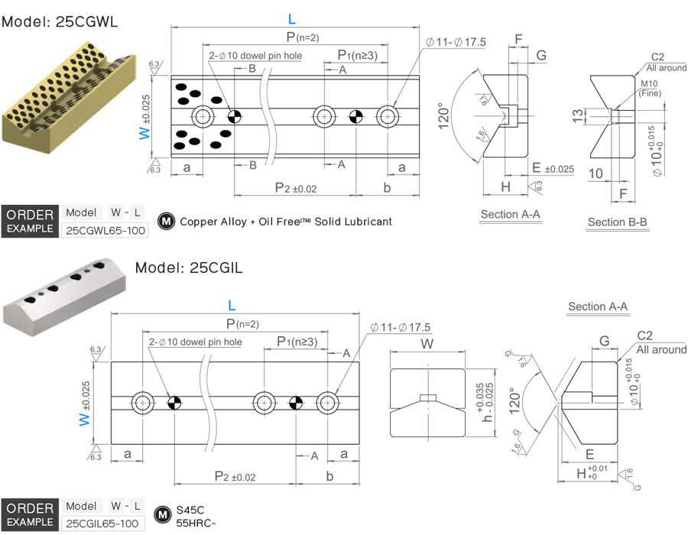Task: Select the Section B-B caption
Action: (x=618, y=222)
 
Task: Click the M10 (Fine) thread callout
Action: (x=649, y=88)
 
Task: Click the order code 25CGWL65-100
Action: (x=104, y=230)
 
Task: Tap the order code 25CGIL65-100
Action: (x=102, y=524)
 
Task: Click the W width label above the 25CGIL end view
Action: (x=427, y=342)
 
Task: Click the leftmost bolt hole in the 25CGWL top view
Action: (x=203, y=116)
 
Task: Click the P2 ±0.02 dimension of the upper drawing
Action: (x=296, y=188)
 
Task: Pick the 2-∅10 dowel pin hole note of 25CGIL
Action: (x=195, y=342)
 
